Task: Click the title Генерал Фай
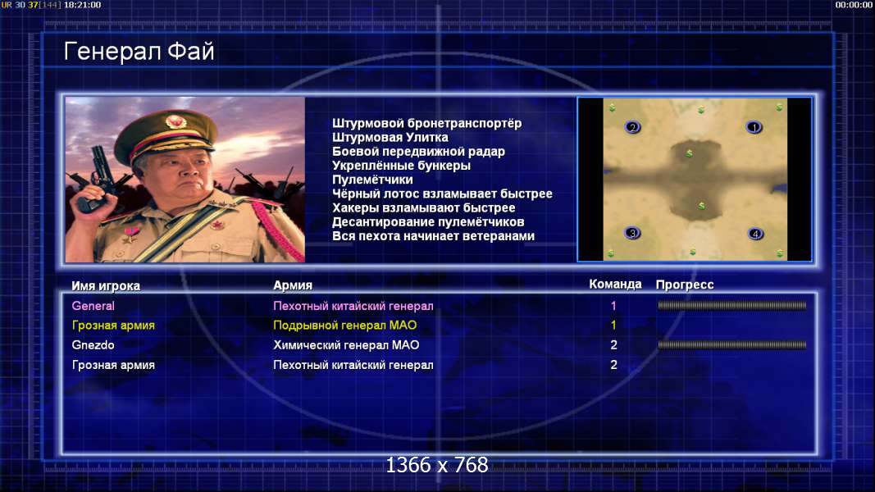[139, 52]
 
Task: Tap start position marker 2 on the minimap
[632, 127]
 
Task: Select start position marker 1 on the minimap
[754, 128]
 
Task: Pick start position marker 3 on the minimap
[632, 233]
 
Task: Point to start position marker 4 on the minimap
[755, 234]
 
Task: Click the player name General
[93, 306]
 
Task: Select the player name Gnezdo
[93, 344]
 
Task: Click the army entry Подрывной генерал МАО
[345, 326]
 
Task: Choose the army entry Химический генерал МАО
[346, 344]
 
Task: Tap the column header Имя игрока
[106, 285]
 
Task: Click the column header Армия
[293, 285]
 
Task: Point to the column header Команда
[615, 284]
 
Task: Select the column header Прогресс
[685, 285]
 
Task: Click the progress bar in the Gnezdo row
[732, 345]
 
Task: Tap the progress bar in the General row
[732, 306]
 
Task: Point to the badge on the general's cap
[175, 121]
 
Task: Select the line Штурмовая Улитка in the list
[390, 137]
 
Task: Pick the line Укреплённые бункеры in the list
[401, 166]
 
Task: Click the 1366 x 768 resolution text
[437, 465]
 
